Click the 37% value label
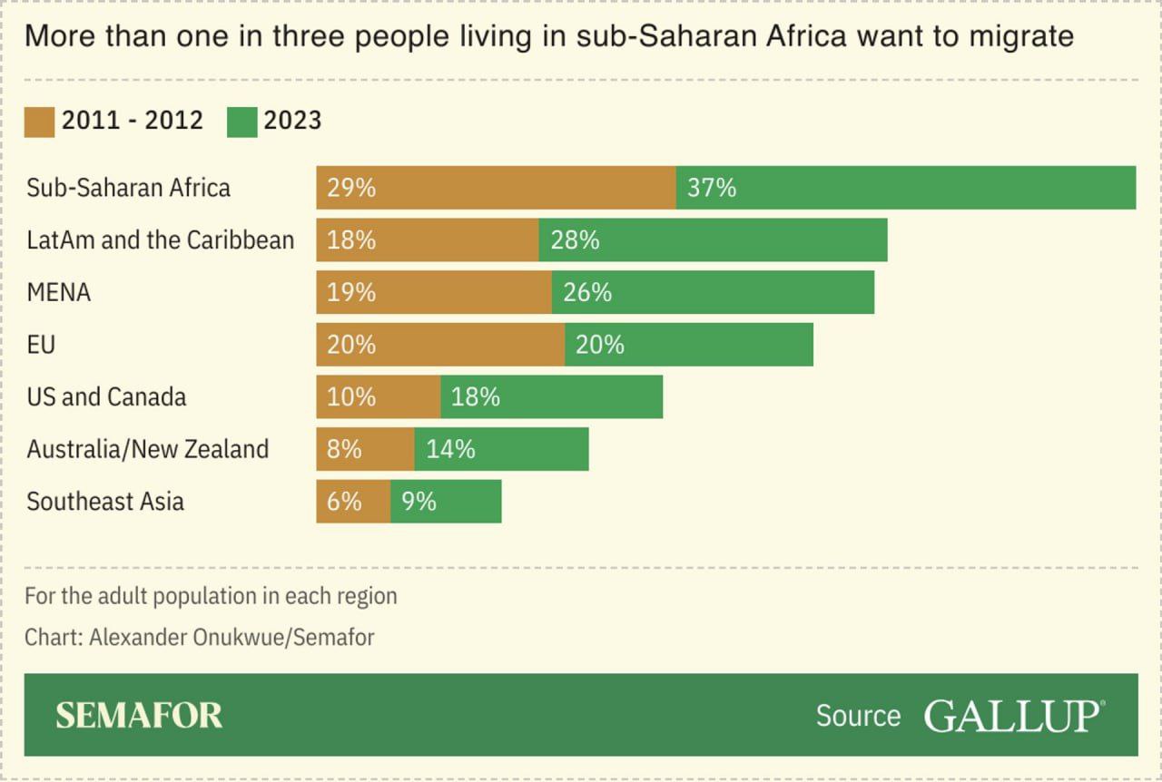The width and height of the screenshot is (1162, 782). (x=712, y=188)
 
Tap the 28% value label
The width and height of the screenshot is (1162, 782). (x=575, y=240)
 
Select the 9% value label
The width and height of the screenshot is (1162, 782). (x=419, y=501)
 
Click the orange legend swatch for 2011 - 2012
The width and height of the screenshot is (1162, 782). (x=39, y=121)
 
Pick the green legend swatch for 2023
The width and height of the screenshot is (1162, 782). (x=241, y=121)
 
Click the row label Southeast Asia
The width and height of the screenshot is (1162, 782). (x=105, y=501)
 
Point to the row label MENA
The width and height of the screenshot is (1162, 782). (x=59, y=292)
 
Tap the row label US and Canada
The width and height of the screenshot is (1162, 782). (x=106, y=396)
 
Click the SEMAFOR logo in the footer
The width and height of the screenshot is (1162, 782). (x=139, y=715)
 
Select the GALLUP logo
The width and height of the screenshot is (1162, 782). (x=1013, y=715)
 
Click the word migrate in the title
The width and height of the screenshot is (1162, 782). (x=1021, y=36)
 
